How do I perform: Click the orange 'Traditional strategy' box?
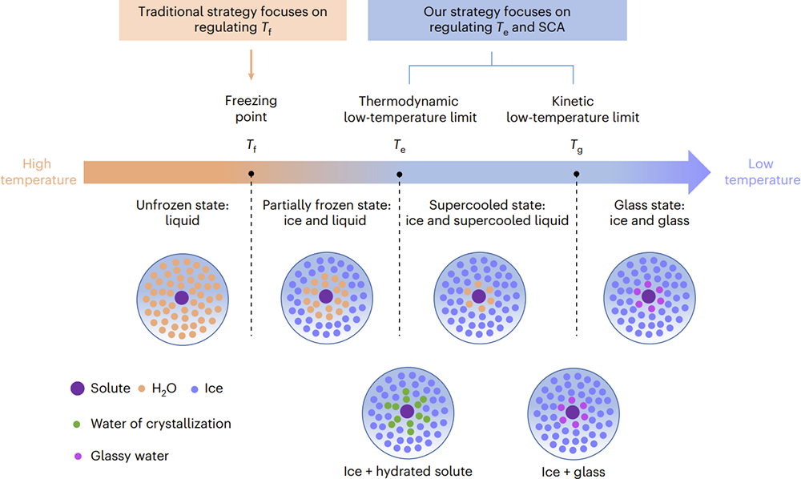pos(233,20)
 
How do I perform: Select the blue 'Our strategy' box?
pos(497,20)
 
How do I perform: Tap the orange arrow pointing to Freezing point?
pos(251,65)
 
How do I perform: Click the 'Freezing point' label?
pos(251,108)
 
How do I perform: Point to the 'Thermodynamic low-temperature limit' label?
pos(409,109)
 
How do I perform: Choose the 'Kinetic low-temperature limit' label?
pos(573,109)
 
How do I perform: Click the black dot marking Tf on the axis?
pos(251,174)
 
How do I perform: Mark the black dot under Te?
pos(400,174)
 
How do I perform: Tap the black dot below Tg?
pos(576,174)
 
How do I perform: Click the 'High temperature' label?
pos(38,171)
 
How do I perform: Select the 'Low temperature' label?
pos(762,171)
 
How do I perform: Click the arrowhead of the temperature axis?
pos(699,172)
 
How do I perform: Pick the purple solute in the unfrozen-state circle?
pos(181,298)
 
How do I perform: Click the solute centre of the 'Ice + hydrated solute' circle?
pos(407,411)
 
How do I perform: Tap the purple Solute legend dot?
pos(77,388)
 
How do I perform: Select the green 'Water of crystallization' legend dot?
pos(77,425)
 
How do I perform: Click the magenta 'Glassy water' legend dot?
pos(78,456)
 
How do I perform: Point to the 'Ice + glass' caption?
pos(574,472)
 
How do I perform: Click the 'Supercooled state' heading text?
pos(487,205)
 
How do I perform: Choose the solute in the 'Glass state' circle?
pos(648,296)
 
